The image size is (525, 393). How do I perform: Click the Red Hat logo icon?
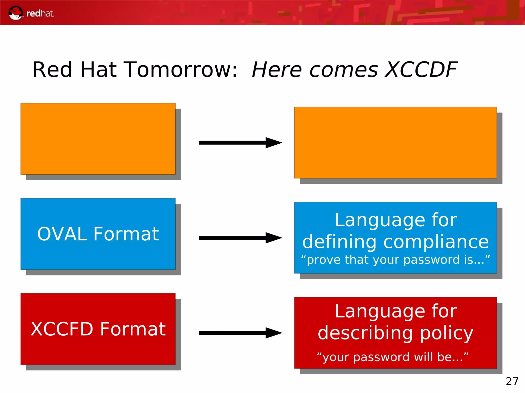coord(16,13)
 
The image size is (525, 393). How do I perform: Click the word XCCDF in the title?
coord(421,70)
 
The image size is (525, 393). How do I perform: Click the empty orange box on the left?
coord(98,139)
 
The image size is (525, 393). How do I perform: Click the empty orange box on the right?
coord(395,143)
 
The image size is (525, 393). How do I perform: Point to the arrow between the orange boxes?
coord(240,143)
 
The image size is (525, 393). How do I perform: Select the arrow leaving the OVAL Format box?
coord(240,238)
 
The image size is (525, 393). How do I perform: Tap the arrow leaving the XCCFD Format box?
coord(240,333)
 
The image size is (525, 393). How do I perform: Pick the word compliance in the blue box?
coord(436,242)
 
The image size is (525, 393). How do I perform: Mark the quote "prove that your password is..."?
coord(395,260)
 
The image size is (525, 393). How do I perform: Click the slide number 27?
coord(512,381)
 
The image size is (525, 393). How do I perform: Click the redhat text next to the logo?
coord(40,14)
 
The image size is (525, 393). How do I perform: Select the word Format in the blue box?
coord(126,234)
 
